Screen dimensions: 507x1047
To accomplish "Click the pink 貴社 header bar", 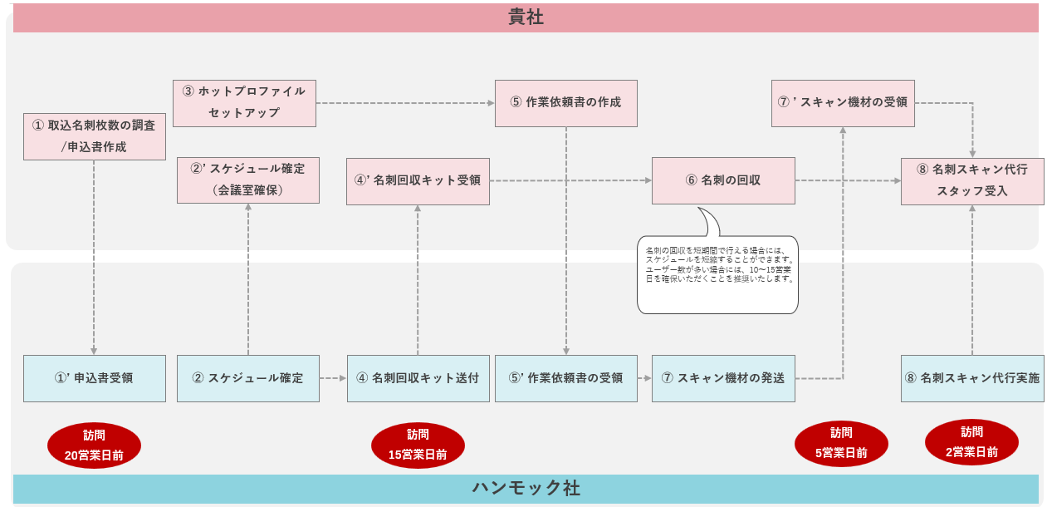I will (526, 17).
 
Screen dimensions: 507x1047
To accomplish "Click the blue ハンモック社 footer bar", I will (526, 488).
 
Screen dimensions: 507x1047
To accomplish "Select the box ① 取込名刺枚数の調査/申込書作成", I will (94, 136).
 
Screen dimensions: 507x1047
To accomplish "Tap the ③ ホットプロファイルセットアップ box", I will (245, 102).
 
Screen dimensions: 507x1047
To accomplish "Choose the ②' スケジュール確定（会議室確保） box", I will (247, 180).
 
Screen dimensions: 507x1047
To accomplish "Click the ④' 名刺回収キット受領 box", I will (418, 180).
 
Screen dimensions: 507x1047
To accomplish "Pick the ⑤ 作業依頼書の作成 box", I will (565, 103).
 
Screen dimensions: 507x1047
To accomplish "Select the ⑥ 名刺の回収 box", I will (723, 180).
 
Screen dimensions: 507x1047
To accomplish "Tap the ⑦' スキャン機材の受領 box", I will (843, 103).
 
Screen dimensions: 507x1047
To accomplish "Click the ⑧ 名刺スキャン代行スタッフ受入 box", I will (972, 180).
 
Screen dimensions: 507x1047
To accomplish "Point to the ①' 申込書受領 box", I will (94, 378).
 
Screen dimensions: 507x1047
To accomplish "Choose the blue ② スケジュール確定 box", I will (247, 378).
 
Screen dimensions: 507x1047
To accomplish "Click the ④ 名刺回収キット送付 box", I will (418, 378).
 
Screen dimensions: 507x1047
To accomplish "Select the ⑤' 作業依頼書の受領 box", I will (565, 378).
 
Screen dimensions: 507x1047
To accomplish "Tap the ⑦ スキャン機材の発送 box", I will (723, 378).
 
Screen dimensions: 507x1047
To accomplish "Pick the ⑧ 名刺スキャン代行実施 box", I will (972, 378).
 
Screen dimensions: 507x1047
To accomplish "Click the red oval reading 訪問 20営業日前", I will (94, 445).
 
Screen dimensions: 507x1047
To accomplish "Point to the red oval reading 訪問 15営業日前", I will (418, 445).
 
